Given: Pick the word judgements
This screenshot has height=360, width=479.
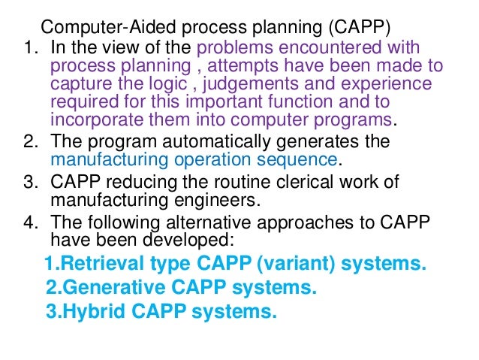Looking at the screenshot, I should click(x=248, y=83).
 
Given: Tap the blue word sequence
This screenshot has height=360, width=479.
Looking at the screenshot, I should click(x=298, y=159).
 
